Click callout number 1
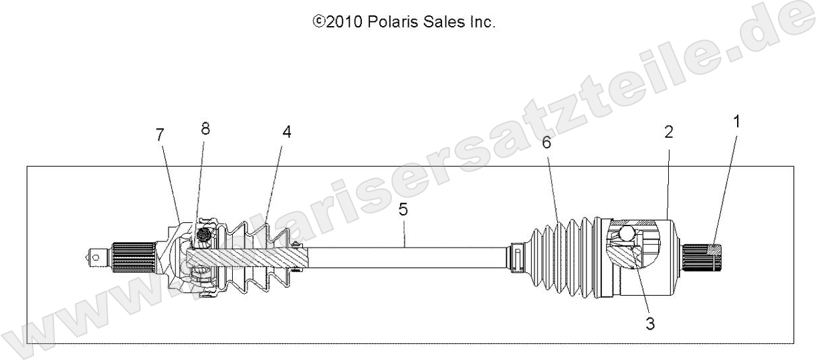(736, 122)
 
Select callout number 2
(668, 132)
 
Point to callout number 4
(286, 132)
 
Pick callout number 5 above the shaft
(403, 210)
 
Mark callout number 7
(159, 134)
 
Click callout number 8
(205, 130)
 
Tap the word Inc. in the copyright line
(480, 22)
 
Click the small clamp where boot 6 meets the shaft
(516, 258)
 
